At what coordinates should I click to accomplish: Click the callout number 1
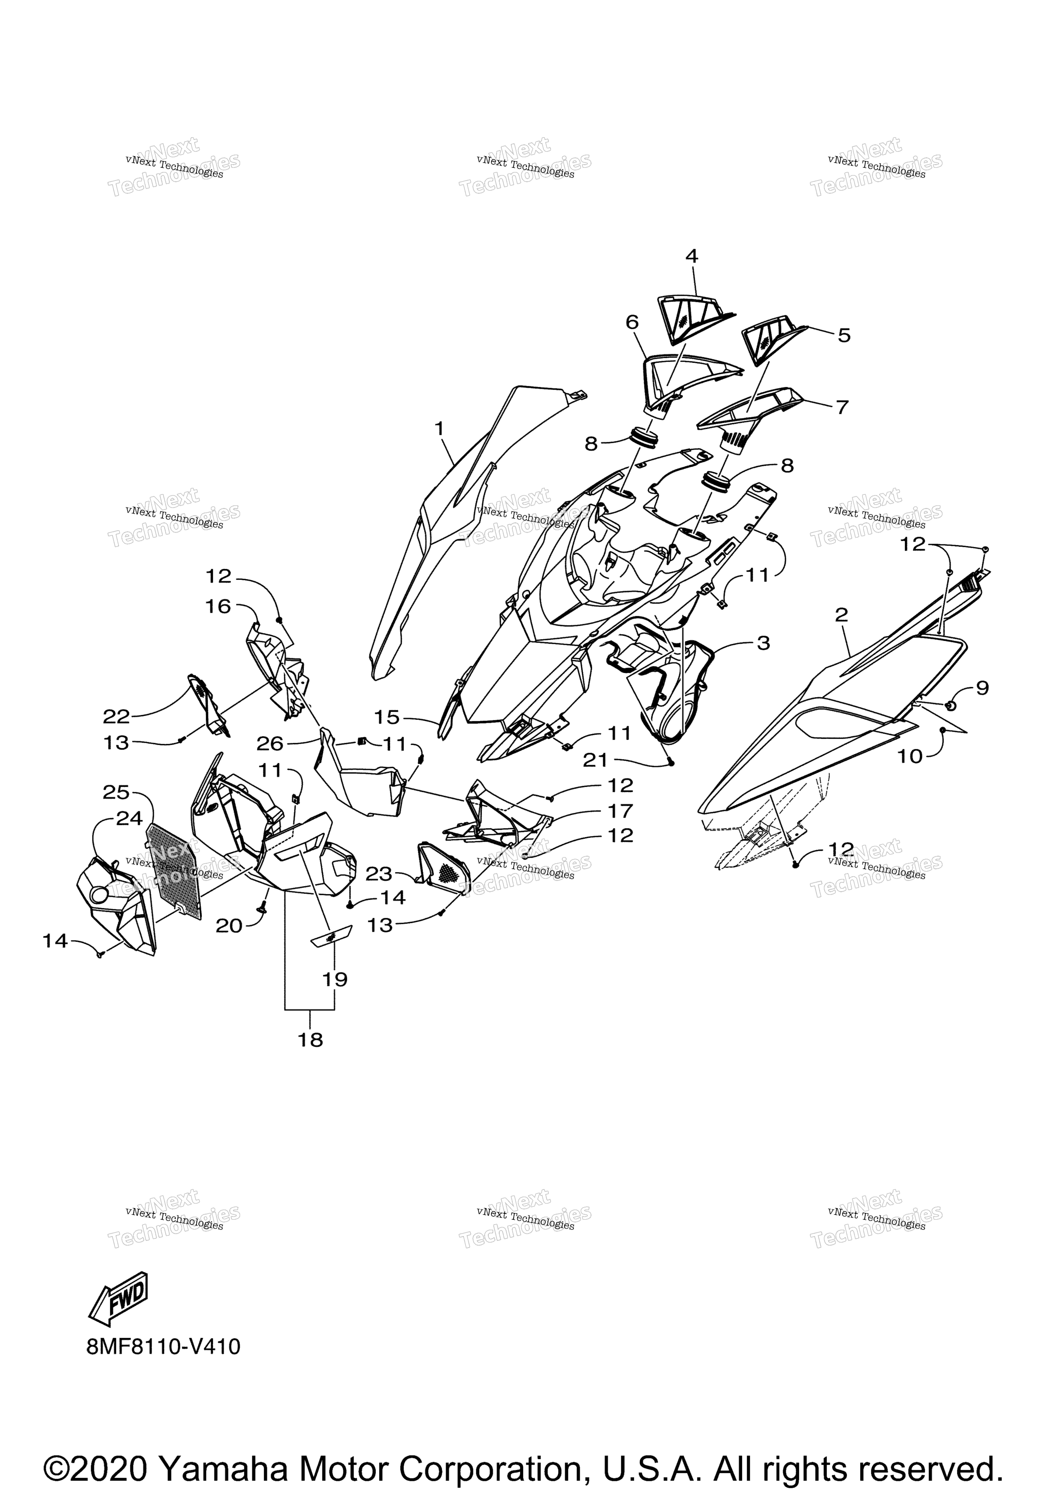(x=439, y=429)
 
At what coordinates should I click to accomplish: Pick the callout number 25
(x=116, y=792)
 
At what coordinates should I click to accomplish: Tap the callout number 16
(x=218, y=606)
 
